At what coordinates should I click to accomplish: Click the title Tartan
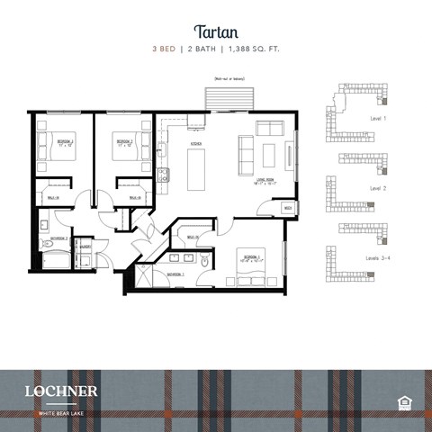[215, 30]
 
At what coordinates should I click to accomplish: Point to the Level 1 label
[378, 118]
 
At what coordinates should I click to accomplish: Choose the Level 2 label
[378, 188]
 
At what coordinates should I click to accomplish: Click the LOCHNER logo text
[61, 391]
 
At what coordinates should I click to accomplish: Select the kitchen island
[196, 169]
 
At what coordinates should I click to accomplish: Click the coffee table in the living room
[268, 156]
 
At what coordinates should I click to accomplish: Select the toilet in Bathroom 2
[44, 226]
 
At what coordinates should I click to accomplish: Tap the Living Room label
[268, 180]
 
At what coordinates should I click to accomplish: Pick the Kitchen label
[195, 144]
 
